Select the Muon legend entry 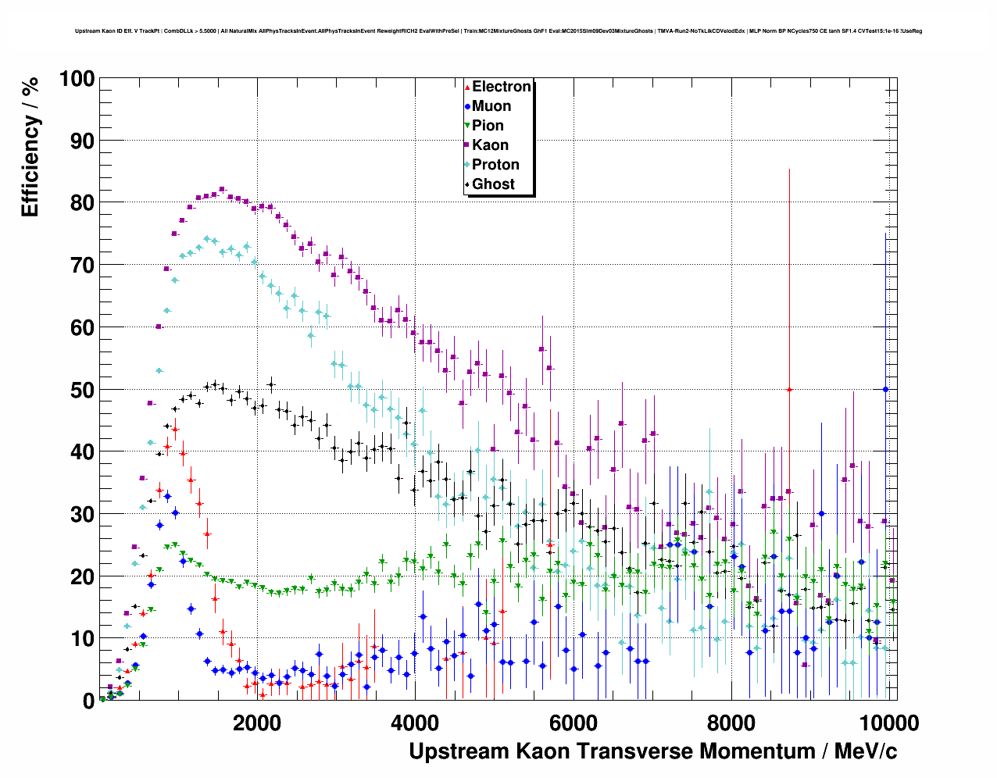(491, 106)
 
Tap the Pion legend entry (487, 126)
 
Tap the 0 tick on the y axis (88, 701)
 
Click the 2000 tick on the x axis (256, 723)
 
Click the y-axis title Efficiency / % (30, 146)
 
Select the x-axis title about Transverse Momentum (652, 751)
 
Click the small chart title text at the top (499, 31)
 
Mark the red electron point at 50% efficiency (789, 389)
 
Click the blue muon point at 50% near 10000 (885, 389)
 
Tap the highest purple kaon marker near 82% (222, 189)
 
